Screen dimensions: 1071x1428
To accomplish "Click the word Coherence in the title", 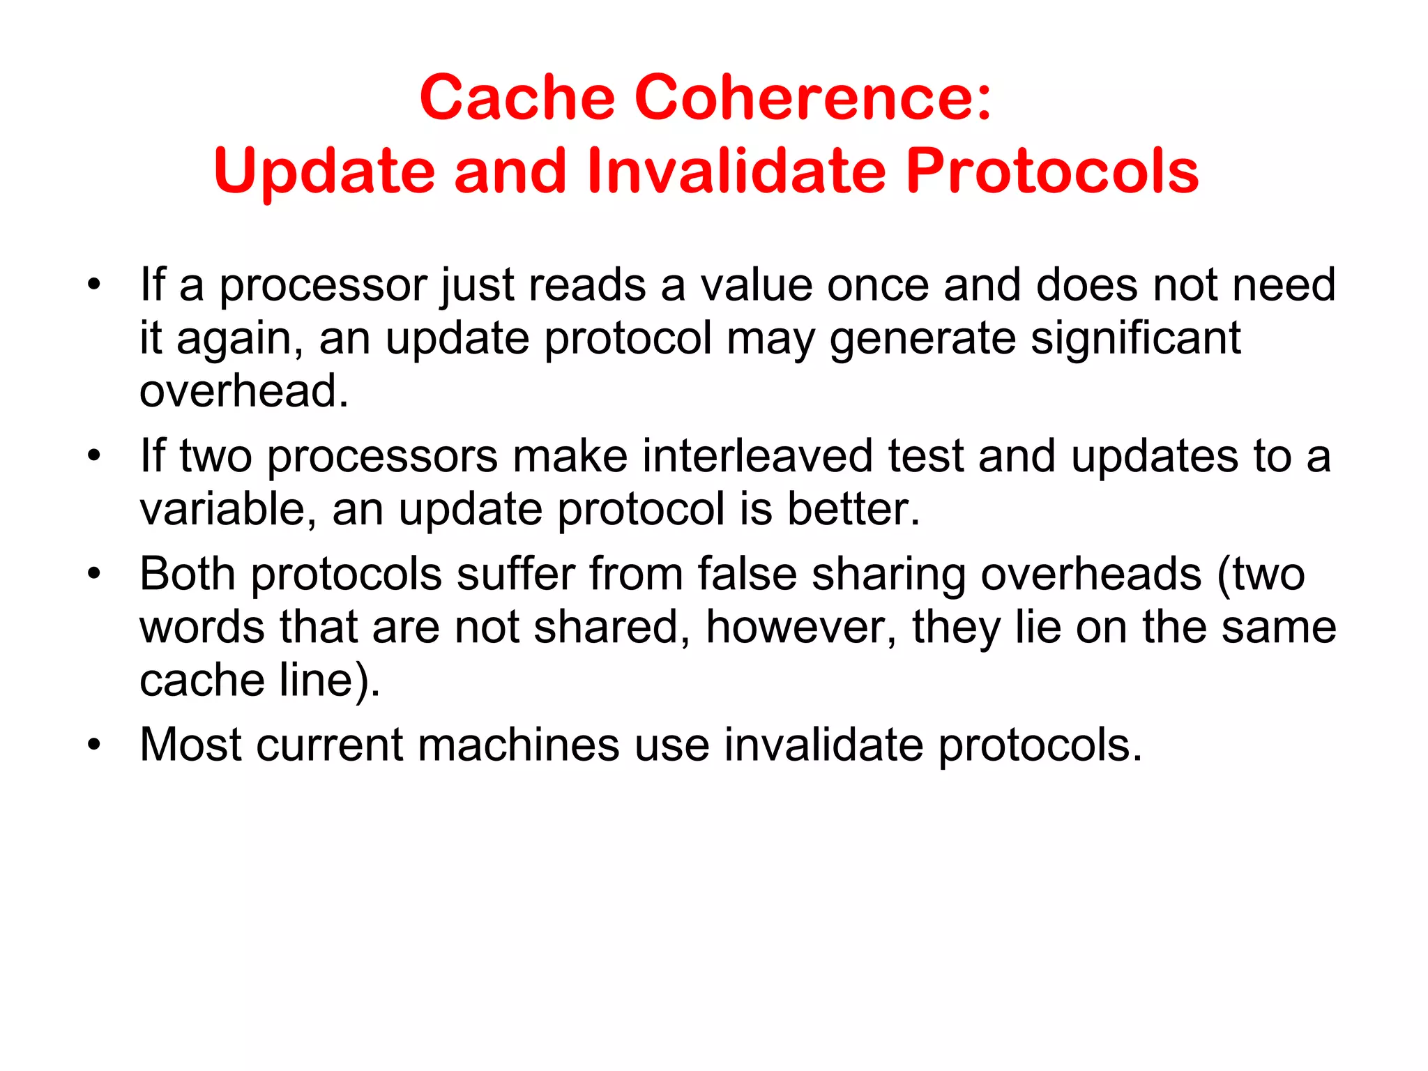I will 813,98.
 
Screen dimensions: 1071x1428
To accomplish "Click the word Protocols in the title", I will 1052,172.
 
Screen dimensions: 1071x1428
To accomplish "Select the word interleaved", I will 757,457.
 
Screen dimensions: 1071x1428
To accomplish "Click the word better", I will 853,509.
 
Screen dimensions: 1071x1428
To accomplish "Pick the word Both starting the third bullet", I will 187,575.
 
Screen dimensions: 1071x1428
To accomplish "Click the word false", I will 747,575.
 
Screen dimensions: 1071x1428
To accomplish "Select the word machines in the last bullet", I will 518,745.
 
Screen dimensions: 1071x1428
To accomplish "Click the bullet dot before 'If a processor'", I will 94,286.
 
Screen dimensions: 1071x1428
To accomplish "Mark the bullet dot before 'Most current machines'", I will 94,745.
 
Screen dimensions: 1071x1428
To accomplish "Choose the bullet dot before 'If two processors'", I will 94,457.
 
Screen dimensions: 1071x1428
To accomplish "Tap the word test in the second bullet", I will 925,457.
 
